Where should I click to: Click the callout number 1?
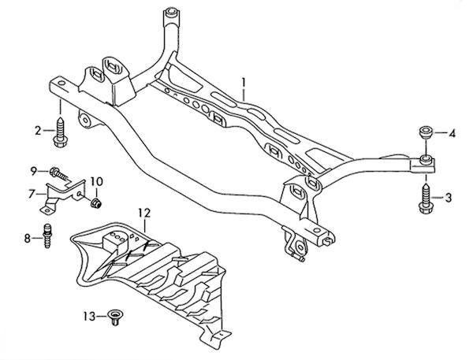(244, 83)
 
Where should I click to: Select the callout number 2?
(38, 131)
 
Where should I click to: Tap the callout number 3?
(449, 198)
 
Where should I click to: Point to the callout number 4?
(452, 133)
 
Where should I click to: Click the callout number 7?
(31, 194)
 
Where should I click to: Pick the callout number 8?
(28, 239)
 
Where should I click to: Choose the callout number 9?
(34, 171)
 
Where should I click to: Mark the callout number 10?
(96, 181)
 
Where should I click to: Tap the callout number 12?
(144, 213)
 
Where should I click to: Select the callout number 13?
(90, 317)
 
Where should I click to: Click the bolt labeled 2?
(60, 132)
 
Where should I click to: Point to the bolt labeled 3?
(426, 199)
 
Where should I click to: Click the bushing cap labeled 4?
(426, 132)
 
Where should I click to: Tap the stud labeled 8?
(47, 236)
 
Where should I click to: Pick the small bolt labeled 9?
(59, 173)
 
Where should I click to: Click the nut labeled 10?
(96, 203)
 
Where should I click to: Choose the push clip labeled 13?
(114, 317)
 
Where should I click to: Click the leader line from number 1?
(244, 95)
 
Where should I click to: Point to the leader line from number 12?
(145, 225)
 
